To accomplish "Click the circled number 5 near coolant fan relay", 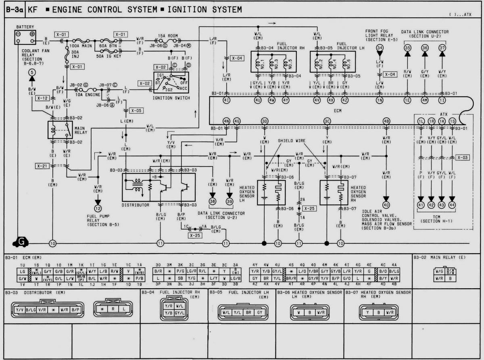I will point(32,73).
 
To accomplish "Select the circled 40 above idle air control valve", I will point(386,205).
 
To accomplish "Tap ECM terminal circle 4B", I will point(386,121).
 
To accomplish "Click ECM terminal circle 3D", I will point(265,121).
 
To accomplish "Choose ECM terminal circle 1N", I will point(380,100).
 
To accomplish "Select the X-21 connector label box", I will point(42,166).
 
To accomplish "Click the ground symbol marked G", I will point(19,241).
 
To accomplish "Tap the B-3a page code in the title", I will point(14,9).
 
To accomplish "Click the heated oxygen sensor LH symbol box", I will point(271,192).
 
